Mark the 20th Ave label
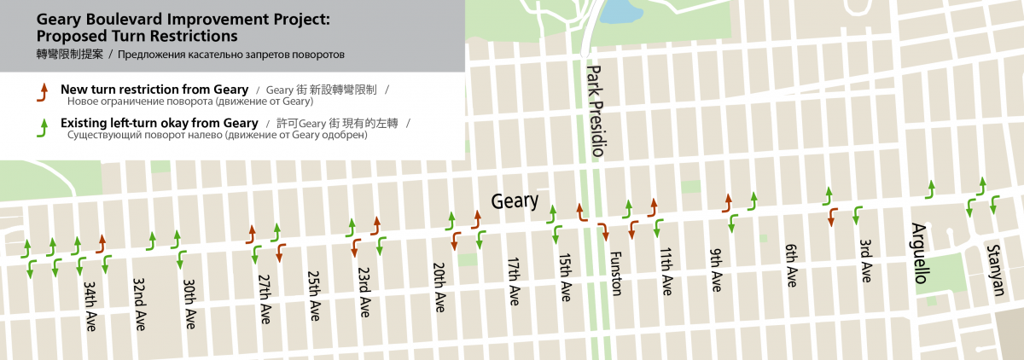[439, 287]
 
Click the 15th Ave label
[564, 277]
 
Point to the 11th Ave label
[666, 271]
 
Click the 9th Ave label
[716, 270]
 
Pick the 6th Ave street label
[791, 265]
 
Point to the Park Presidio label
[596, 112]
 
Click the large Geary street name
[515, 201]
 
